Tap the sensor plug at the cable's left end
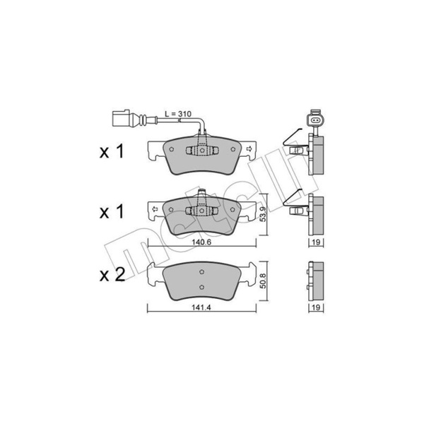click(122, 117)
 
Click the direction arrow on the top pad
click(249, 149)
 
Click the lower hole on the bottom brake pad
click(201, 286)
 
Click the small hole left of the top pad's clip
click(172, 150)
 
